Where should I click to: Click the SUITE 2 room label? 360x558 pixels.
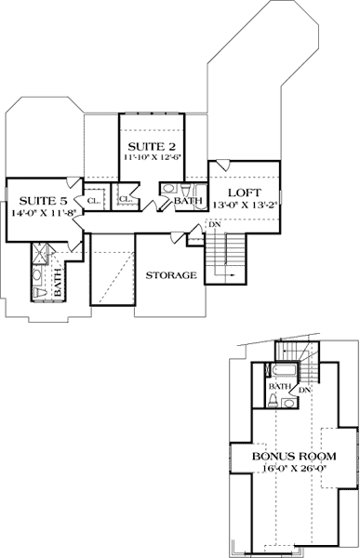[x=150, y=146]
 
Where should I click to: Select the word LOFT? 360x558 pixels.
[x=244, y=193]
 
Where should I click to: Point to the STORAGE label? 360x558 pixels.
[x=170, y=275]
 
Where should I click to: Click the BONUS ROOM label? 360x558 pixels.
[x=294, y=458]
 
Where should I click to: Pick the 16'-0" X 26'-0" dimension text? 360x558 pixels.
[x=294, y=470]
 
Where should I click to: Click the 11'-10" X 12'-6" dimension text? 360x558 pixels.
[x=151, y=158]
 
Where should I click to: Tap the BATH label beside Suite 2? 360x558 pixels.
[x=189, y=201]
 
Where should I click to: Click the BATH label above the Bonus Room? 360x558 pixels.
[x=278, y=386]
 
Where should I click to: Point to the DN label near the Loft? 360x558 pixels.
[x=214, y=224]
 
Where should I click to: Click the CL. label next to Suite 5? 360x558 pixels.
[x=94, y=200]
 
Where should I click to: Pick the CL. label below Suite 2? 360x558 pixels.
[x=124, y=198]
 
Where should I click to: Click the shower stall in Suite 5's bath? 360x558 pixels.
[x=42, y=254]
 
